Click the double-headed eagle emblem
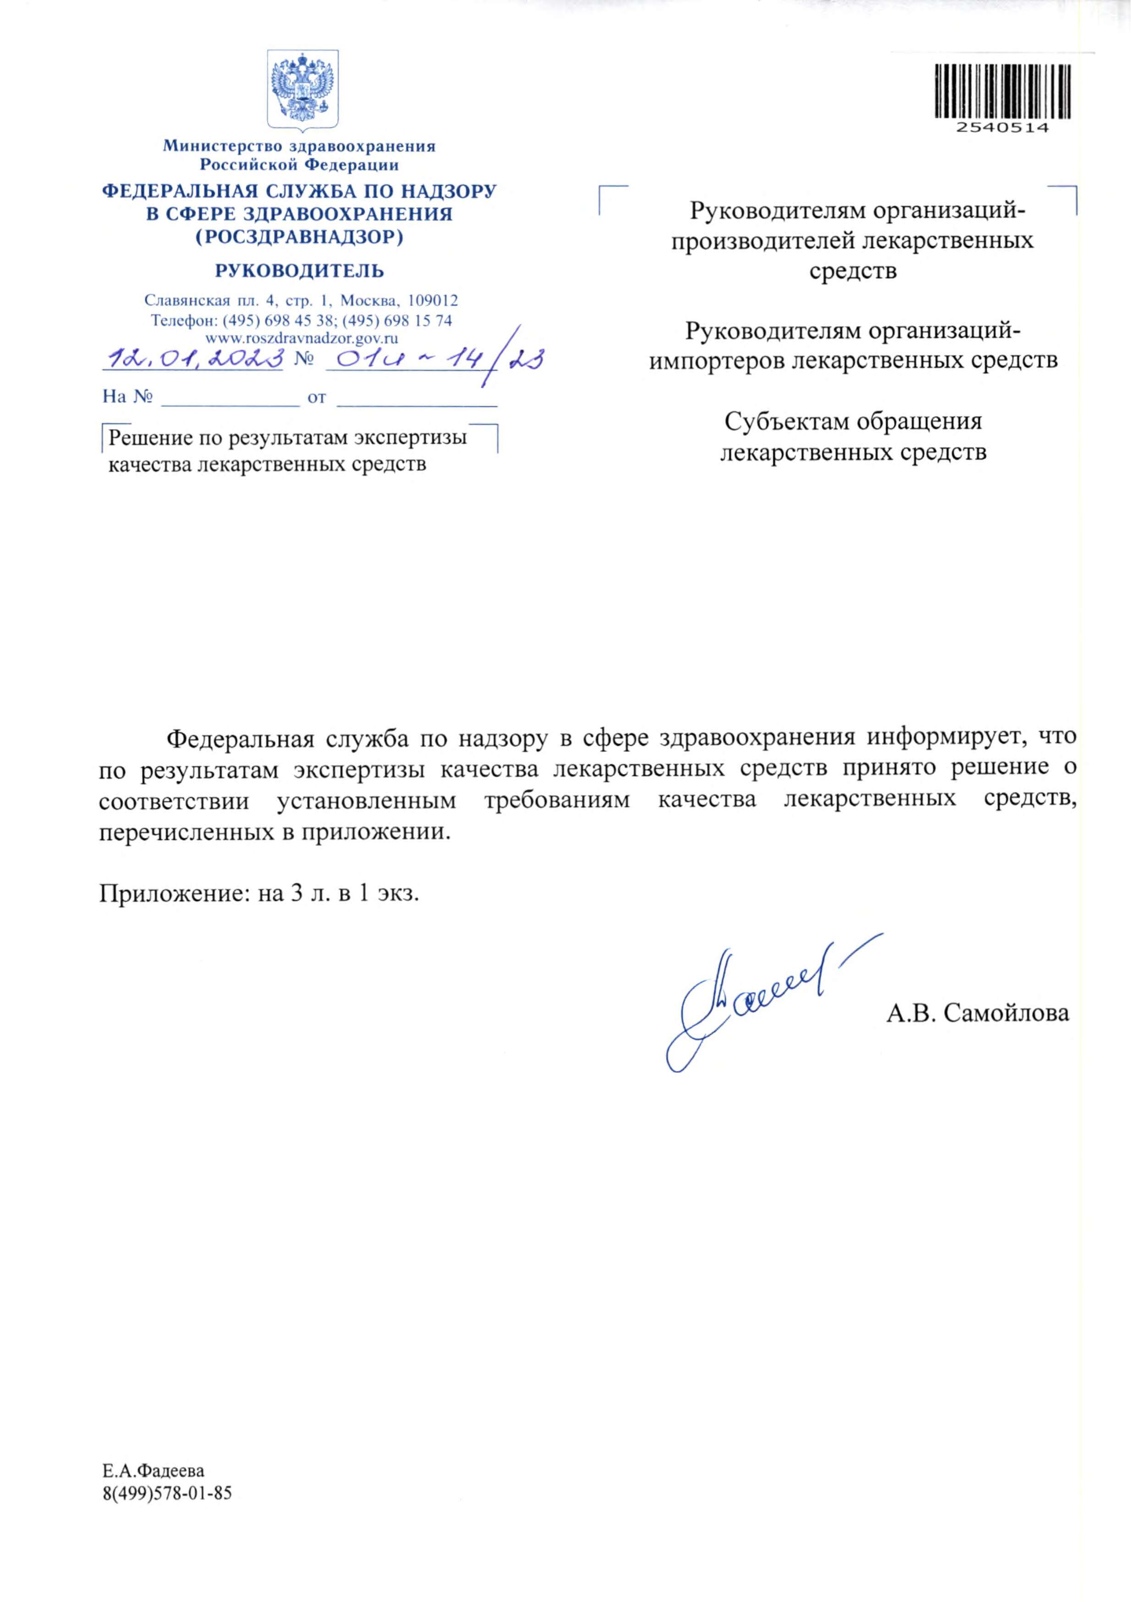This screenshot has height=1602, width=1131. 303,88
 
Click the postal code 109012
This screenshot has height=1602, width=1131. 433,301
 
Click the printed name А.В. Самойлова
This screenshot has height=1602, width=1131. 977,1013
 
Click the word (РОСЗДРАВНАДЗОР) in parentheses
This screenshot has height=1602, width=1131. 299,237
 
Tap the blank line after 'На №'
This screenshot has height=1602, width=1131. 231,398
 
